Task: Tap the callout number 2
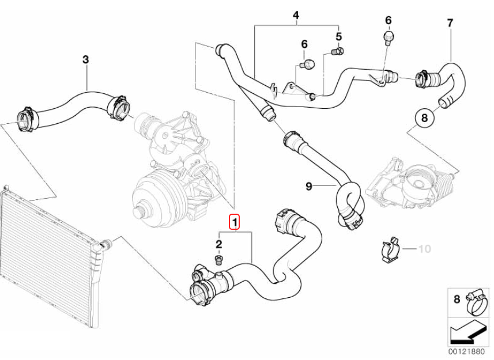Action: pyautogui.click(x=219, y=245)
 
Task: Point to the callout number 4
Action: pyautogui.click(x=296, y=15)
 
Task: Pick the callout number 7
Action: pyautogui.click(x=450, y=24)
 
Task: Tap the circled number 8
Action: pyautogui.click(x=424, y=119)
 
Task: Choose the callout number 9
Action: pyautogui.click(x=309, y=185)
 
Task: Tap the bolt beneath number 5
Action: pyautogui.click(x=338, y=52)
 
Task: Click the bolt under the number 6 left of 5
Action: pyautogui.click(x=308, y=63)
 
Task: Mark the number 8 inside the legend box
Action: pyautogui.click(x=457, y=298)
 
